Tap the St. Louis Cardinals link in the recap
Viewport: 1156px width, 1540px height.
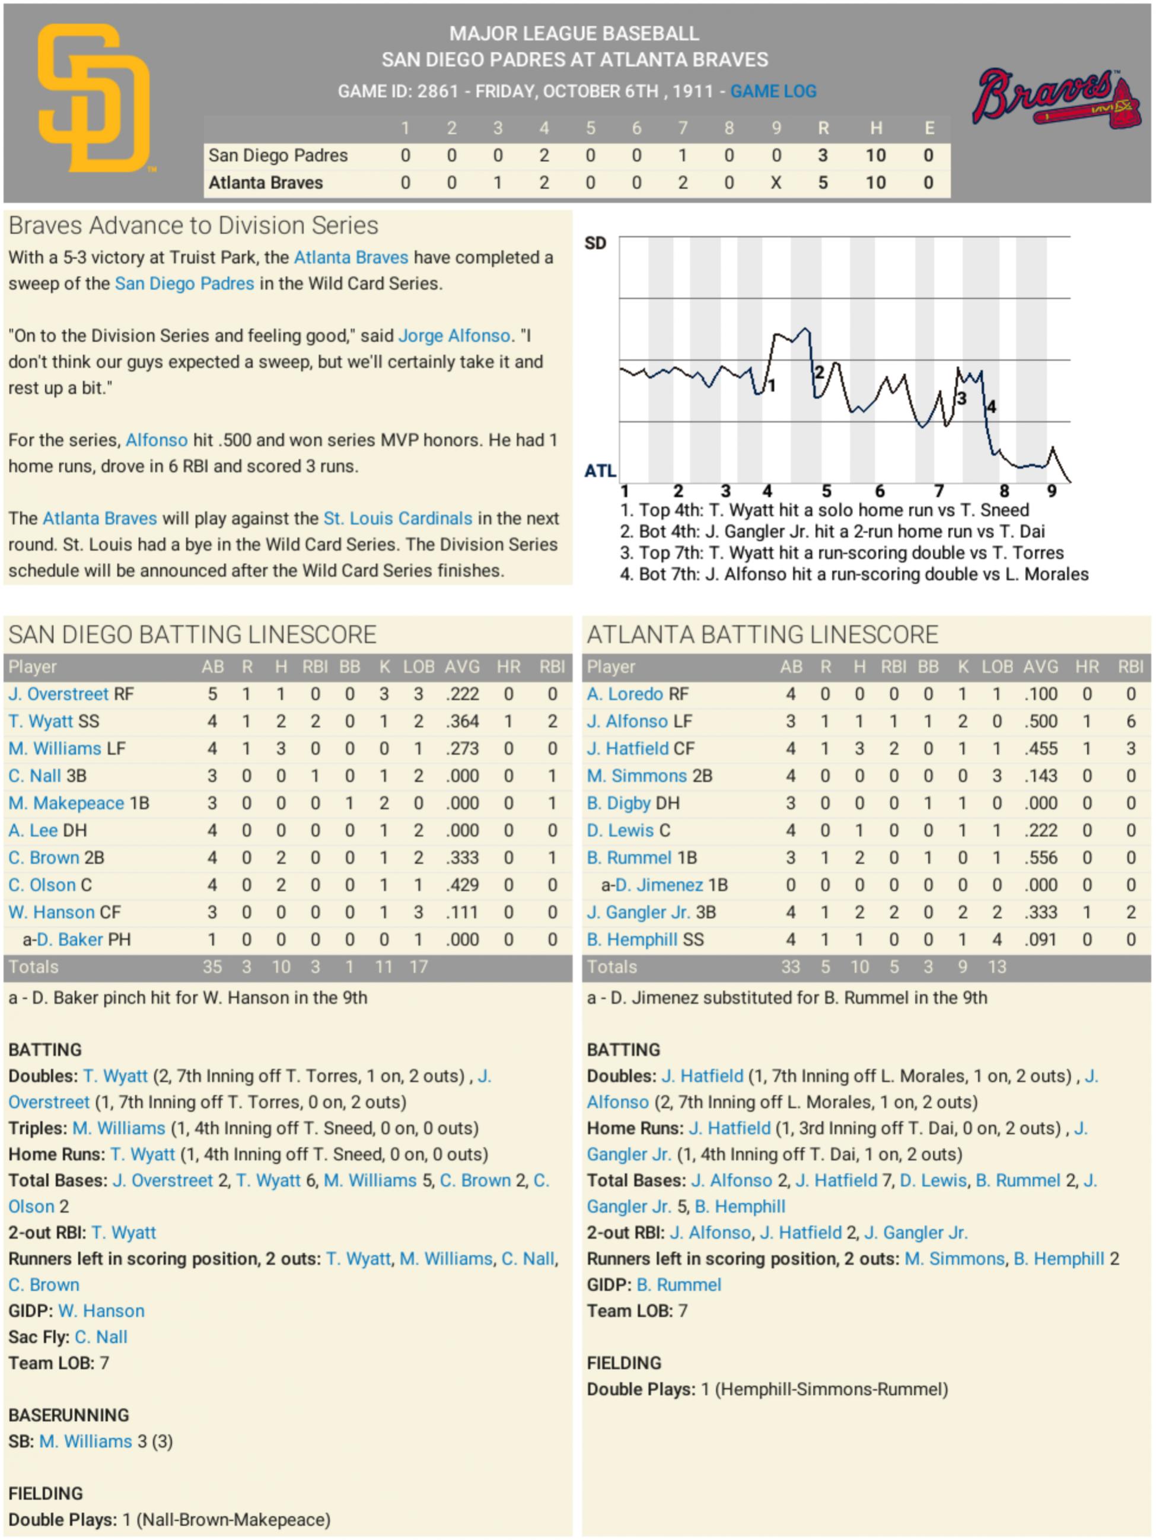(x=397, y=519)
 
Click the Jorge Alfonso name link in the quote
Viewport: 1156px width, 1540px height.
(x=454, y=335)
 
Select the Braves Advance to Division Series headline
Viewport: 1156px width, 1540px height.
(x=193, y=226)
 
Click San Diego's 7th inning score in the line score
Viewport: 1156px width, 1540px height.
(x=682, y=155)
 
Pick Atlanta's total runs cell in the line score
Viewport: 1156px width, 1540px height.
(x=822, y=183)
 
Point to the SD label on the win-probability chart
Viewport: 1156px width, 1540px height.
(x=595, y=243)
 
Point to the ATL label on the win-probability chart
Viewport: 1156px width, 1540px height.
(x=600, y=471)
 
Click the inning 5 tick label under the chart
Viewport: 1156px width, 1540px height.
(x=826, y=491)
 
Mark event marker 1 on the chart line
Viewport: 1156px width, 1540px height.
(x=771, y=385)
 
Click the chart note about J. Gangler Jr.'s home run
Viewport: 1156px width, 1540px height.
(x=832, y=532)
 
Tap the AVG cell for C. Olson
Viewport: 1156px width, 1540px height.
(x=462, y=885)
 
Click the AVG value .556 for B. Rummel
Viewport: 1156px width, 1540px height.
(x=1040, y=858)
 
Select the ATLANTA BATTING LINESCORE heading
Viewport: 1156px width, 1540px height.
(x=762, y=635)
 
